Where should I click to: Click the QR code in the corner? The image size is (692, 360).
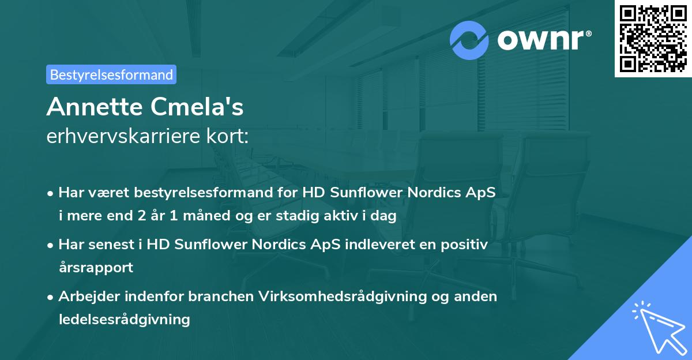652,39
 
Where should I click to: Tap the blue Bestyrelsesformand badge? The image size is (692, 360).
111,74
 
